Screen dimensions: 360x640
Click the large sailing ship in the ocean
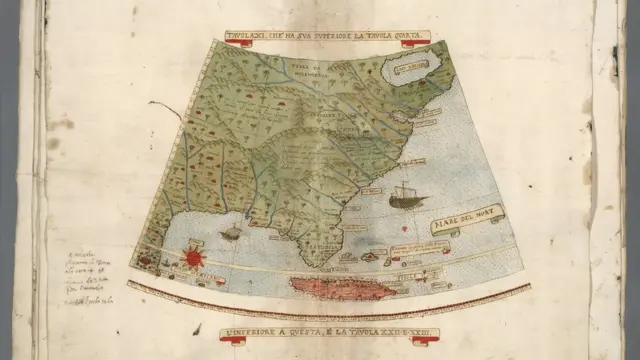tap(405, 194)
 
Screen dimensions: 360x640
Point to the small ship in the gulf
tap(230, 234)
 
